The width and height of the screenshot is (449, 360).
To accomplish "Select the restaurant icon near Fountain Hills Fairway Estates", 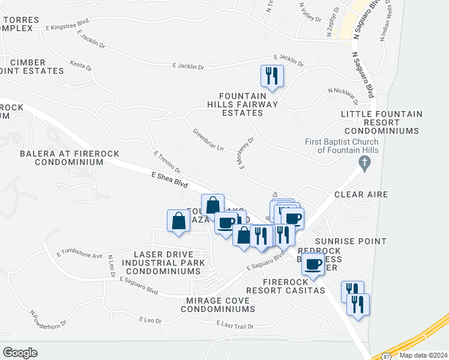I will click(272, 76).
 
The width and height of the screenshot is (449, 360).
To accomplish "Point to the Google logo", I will click(20, 353).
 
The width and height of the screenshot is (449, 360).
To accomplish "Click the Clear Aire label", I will click(361, 194).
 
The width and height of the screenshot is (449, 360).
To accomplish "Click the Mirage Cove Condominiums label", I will click(217, 304).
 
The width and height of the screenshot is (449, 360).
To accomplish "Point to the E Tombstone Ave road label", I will click(79, 255).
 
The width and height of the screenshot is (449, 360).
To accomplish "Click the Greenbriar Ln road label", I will click(208, 139).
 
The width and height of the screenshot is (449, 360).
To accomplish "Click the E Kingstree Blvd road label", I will click(67, 25).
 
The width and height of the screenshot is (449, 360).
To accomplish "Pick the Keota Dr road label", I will click(81, 65).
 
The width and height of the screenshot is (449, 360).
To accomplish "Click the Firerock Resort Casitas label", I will click(294, 286).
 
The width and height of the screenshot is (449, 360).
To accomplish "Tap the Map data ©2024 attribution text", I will click(422, 355).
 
